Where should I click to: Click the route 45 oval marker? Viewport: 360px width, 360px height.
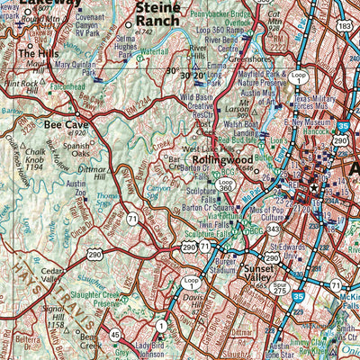(115, 335)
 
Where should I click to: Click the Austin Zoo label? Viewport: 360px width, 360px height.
(77, 186)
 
